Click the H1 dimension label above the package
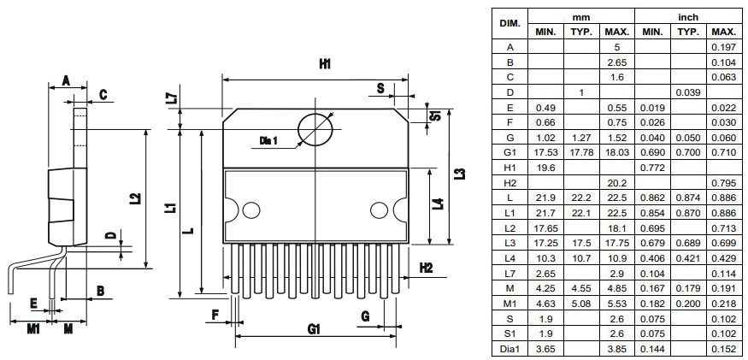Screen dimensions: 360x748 [324, 64]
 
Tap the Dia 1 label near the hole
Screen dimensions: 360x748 [269, 139]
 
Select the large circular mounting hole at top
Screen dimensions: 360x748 [315, 131]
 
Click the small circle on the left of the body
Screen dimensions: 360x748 [251, 210]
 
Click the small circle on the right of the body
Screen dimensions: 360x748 [379, 210]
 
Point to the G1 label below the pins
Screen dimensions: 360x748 [314, 329]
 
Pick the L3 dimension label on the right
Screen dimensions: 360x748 [461, 174]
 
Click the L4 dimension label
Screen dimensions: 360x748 [438, 205]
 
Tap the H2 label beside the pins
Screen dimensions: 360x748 [426, 269]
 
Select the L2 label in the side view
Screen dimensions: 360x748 [134, 199]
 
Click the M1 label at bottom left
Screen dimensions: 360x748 [32, 328]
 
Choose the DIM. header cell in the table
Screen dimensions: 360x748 [509, 24]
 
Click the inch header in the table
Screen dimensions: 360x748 [688, 17]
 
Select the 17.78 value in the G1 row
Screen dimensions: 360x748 [581, 151]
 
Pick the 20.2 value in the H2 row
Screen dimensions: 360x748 [616, 182]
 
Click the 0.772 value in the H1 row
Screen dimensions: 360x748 [652, 167]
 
